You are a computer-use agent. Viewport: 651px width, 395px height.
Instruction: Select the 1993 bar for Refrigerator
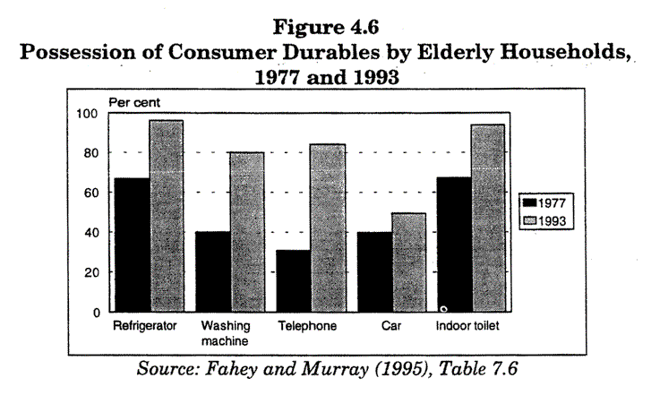(166, 216)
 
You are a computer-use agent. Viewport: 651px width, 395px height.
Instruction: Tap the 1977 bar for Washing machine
(212, 271)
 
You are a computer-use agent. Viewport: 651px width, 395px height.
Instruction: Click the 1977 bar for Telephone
(293, 280)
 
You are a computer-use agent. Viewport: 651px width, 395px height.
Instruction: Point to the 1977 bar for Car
(374, 271)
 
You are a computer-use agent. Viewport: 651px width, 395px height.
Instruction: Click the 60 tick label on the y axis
(90, 193)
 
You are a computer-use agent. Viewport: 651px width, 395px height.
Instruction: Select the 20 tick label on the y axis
(90, 272)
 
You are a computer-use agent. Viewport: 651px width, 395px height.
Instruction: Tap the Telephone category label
(306, 326)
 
